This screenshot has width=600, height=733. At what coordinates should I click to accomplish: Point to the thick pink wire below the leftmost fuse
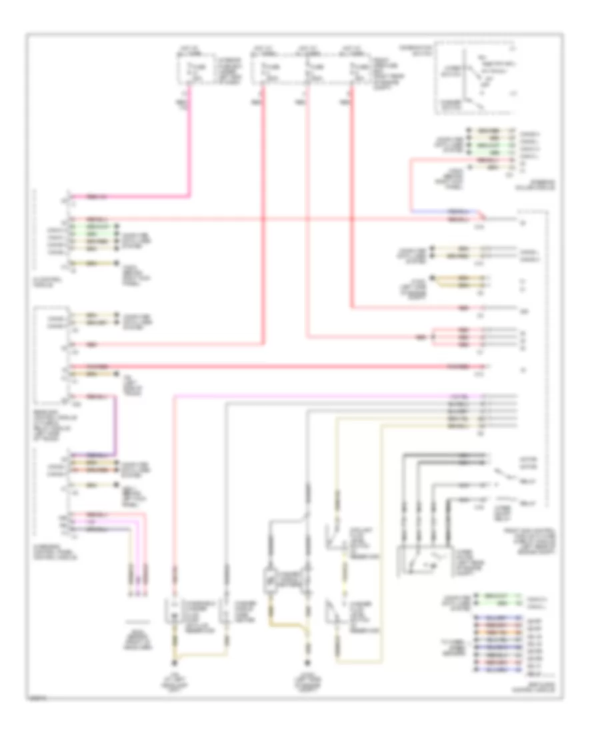pos(191,147)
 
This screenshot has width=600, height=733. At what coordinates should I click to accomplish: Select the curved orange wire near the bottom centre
pos(287,625)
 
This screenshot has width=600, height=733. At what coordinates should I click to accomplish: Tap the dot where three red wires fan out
pos(433,337)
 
